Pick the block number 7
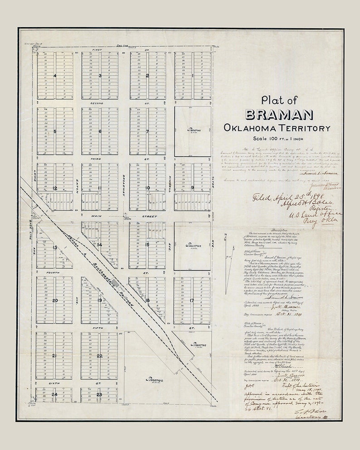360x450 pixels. pos(147,131)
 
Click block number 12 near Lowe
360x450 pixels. pos(55,187)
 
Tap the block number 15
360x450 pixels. pos(147,245)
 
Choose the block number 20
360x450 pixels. pos(55,300)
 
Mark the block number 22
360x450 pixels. pos(99,356)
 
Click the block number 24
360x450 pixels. pos(55,394)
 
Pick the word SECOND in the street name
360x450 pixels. pos(97,103)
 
